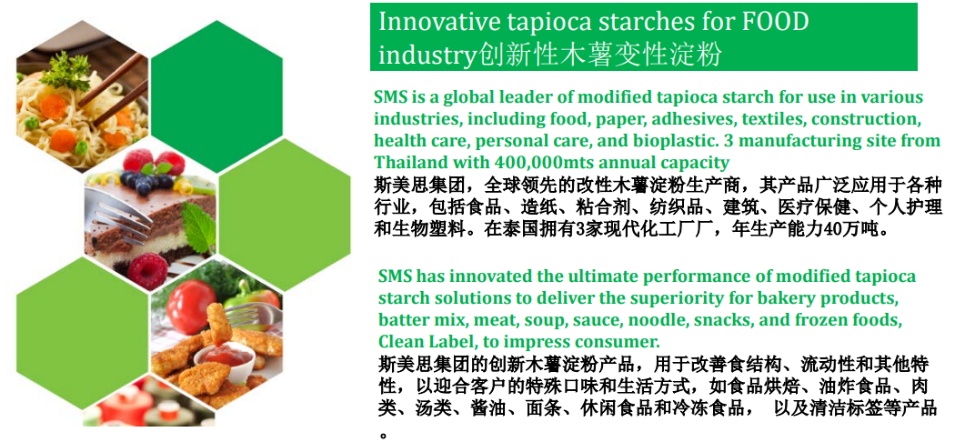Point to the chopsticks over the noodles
point(114,87)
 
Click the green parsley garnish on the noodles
point(65,69)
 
